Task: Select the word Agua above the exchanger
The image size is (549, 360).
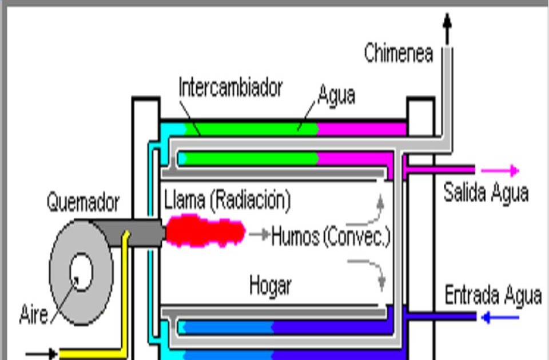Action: click(x=336, y=94)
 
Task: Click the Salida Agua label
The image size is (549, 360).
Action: click(x=486, y=193)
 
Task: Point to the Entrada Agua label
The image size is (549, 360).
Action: click(x=492, y=295)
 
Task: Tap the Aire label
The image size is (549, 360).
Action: click(x=34, y=314)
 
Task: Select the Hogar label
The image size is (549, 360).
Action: click(x=270, y=285)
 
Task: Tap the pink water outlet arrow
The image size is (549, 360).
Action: click(x=500, y=170)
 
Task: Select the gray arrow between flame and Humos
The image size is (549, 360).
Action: click(x=259, y=234)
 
